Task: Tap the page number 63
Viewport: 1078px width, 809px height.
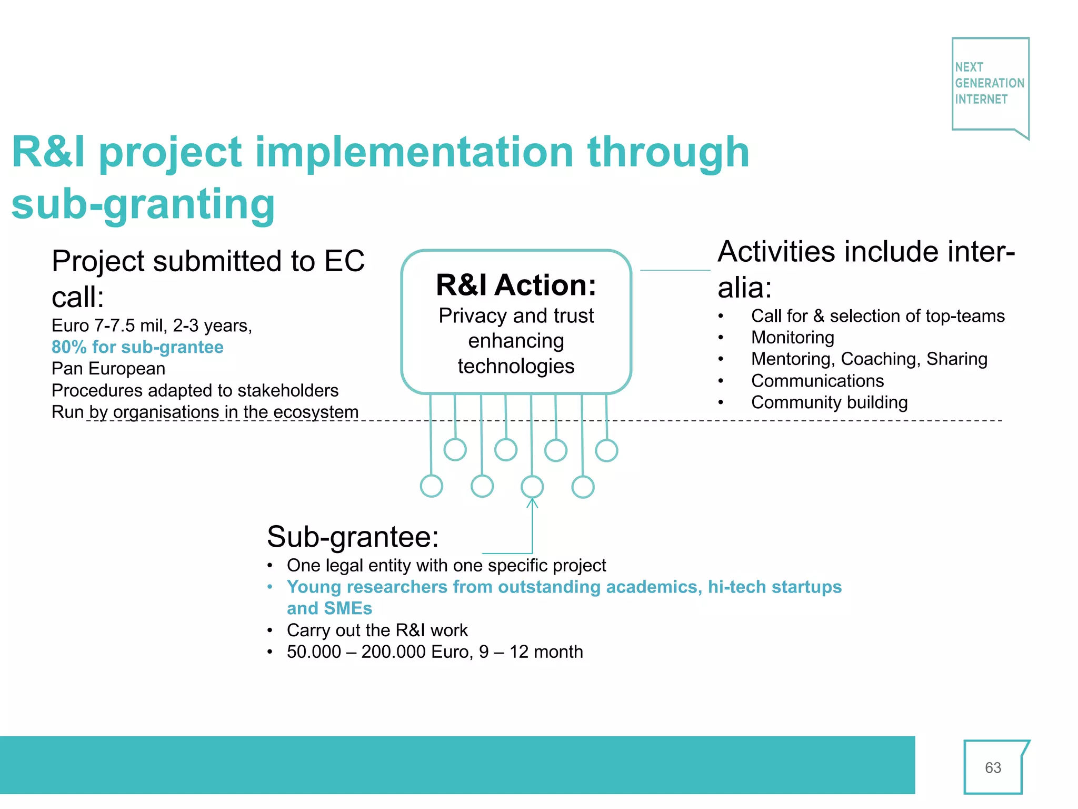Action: click(993, 767)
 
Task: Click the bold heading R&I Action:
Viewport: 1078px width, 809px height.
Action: click(516, 285)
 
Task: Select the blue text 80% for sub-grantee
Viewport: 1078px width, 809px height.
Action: click(137, 347)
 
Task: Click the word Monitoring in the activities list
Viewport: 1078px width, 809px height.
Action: click(792, 338)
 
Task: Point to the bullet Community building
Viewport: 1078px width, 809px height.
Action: click(829, 402)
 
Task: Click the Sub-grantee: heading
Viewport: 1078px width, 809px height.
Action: click(353, 537)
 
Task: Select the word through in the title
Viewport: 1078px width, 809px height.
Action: click(668, 152)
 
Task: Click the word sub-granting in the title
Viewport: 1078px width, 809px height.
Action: click(143, 204)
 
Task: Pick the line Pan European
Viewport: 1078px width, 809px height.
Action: click(108, 369)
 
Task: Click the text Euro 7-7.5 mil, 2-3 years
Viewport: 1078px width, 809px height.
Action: click(152, 325)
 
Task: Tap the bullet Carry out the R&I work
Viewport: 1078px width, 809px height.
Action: click(377, 630)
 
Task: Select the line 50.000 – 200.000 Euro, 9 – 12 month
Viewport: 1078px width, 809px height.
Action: click(435, 652)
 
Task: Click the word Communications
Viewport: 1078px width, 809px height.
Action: click(817, 381)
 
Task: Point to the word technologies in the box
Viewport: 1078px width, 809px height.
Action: click(516, 366)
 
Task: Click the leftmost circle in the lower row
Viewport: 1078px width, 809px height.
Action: click(432, 486)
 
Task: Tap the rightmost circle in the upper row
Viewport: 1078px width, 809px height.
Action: click(606, 450)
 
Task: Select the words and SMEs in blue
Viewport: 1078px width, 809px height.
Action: click(330, 608)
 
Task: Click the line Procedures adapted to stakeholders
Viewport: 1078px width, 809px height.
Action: click(195, 390)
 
